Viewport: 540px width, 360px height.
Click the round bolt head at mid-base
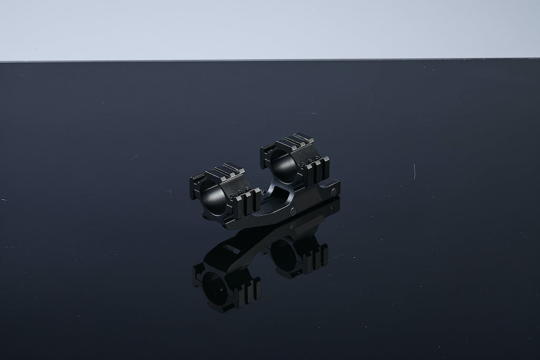[292, 211]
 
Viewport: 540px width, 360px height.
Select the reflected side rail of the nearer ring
[249, 290]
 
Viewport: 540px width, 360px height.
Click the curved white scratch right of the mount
[414, 171]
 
